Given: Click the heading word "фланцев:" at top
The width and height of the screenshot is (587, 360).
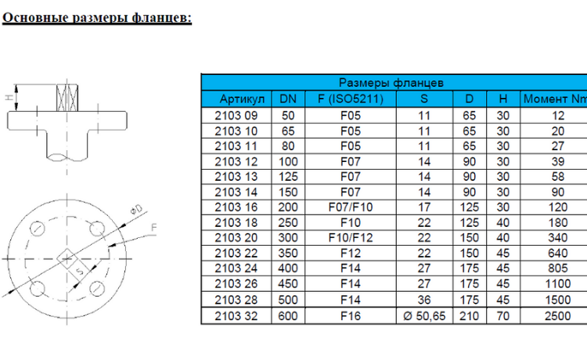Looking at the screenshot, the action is (x=162, y=17).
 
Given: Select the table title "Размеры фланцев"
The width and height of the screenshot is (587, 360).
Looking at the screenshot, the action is (x=391, y=83).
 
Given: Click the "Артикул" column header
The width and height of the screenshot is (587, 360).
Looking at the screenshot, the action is (x=242, y=99).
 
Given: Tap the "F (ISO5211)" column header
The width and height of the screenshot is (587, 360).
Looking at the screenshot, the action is (x=351, y=99).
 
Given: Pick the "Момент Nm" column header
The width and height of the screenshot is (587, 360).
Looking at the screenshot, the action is (x=555, y=99).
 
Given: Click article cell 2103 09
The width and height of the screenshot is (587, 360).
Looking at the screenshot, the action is (x=236, y=116).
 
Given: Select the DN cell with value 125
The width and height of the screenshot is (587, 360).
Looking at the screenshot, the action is (x=288, y=177).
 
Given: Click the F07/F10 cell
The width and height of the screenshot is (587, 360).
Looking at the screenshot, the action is (x=351, y=207).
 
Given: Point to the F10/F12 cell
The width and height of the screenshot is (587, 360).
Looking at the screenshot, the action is (x=351, y=238).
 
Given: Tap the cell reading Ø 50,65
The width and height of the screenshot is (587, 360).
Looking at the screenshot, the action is (x=424, y=316).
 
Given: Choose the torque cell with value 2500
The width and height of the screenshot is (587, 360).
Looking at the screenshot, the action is (x=557, y=316).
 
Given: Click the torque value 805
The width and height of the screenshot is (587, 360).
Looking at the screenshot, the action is (x=557, y=268).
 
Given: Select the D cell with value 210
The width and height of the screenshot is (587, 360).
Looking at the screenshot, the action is (x=469, y=316).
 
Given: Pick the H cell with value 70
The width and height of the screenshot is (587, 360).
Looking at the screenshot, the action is (x=502, y=316).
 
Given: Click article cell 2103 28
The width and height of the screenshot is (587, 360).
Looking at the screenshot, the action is (x=236, y=300).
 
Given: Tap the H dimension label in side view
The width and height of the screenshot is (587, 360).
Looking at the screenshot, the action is (x=9, y=97).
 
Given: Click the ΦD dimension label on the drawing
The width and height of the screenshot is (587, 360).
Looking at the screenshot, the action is (x=136, y=210).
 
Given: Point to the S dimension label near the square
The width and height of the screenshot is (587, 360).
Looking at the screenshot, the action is (x=80, y=271).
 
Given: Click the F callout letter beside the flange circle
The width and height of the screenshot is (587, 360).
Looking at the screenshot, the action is (x=153, y=228).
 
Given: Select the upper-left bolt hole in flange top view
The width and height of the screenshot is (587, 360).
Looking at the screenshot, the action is (x=37, y=229).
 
